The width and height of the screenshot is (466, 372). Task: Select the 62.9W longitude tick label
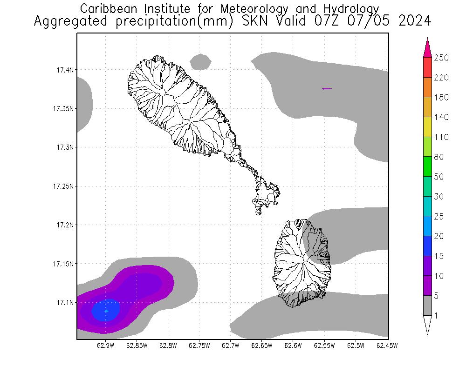click(x=106, y=345)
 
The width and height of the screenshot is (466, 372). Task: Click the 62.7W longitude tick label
click(x=231, y=345)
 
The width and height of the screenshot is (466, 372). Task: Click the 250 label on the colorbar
click(x=441, y=58)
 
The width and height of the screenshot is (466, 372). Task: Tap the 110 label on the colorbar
click(x=441, y=137)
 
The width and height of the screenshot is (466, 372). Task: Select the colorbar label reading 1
click(x=436, y=316)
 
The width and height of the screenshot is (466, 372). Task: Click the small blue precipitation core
click(x=106, y=310)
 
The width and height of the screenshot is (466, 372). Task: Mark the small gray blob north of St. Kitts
click(x=201, y=61)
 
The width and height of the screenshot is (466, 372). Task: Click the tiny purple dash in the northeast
click(x=327, y=88)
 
